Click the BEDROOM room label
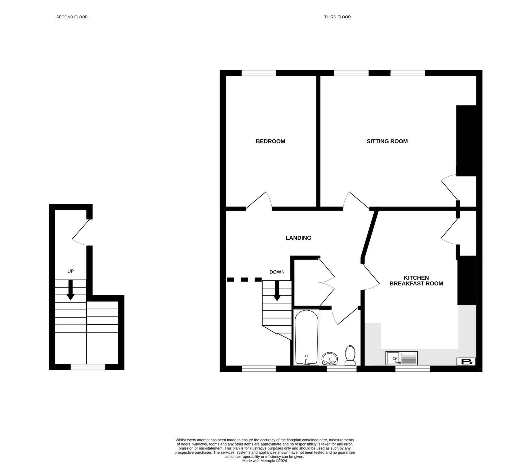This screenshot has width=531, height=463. [270, 141]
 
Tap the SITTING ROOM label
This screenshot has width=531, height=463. [387, 141]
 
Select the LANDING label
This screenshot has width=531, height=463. [298, 238]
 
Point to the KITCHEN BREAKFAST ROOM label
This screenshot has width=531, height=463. [416, 281]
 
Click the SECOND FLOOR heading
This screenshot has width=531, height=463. [72, 17]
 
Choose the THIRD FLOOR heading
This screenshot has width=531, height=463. [337, 17]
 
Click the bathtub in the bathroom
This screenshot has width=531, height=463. [306, 337]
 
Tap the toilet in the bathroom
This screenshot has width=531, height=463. [350, 355]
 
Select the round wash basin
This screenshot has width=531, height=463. [330, 359]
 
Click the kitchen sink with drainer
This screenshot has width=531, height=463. [402, 358]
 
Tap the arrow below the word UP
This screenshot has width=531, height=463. [71, 290]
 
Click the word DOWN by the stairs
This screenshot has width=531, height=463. [277, 272]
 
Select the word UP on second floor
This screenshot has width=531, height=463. [71, 271]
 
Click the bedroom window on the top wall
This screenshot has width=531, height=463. [259, 73]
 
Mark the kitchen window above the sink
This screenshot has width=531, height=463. [413, 368]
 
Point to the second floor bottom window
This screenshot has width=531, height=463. [88, 367]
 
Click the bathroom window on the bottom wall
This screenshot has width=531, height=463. [342, 368]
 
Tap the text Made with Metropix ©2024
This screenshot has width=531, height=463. [265, 461]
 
